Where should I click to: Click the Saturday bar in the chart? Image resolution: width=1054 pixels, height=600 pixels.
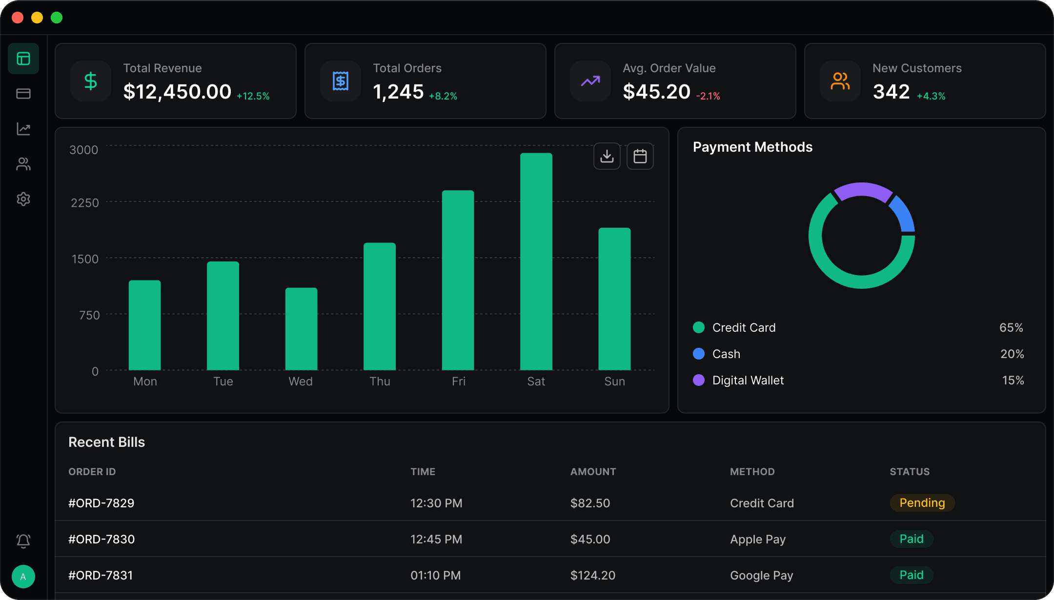(x=536, y=261)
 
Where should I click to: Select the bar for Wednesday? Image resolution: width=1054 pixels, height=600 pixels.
(x=301, y=329)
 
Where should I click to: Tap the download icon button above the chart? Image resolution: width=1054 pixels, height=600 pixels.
(x=607, y=156)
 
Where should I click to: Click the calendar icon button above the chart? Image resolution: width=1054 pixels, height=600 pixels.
(x=640, y=156)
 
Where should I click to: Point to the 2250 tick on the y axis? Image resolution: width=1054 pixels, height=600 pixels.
(x=85, y=203)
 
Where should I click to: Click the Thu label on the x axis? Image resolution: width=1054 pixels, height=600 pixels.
(x=380, y=381)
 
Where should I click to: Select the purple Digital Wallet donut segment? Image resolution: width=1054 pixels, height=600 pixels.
(x=863, y=191)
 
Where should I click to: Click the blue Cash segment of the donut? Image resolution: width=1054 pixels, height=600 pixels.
(x=903, y=214)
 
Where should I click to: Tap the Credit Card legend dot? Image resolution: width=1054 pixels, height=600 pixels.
(x=699, y=327)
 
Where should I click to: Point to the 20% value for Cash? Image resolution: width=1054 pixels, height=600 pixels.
(x=1012, y=354)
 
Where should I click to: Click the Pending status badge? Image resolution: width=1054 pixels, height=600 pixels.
(x=922, y=503)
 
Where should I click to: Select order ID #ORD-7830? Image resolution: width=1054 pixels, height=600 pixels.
(x=101, y=539)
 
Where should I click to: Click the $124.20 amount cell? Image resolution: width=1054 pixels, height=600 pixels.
(x=593, y=575)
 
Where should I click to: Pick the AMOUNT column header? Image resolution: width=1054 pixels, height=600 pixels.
(x=593, y=472)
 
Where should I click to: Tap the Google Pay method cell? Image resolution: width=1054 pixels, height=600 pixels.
(x=762, y=576)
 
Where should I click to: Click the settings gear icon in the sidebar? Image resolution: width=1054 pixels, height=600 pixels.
(x=23, y=199)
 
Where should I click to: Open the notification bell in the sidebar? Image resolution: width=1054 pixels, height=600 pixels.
(x=23, y=540)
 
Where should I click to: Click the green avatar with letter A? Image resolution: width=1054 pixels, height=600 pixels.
(x=23, y=577)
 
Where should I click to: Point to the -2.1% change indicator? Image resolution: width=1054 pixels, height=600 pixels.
(x=708, y=96)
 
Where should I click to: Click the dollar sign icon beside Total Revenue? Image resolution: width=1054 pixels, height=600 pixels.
(x=91, y=81)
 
